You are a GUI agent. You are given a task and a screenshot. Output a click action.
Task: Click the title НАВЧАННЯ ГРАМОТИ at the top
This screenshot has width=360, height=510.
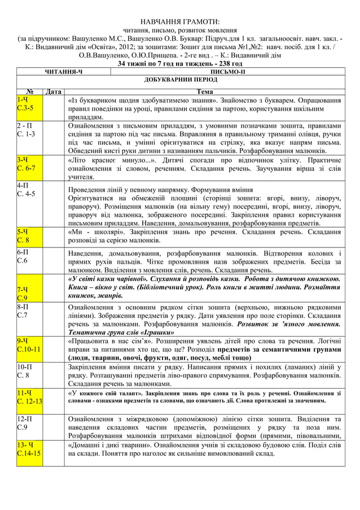pos(179,21)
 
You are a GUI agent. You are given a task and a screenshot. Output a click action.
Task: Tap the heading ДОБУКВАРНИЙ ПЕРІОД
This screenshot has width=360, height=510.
pos(179,81)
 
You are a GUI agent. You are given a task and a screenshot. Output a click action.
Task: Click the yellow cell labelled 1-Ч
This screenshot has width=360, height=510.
pos(23,99)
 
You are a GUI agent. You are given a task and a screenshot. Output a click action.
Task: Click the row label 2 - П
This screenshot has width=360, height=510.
pos(25,125)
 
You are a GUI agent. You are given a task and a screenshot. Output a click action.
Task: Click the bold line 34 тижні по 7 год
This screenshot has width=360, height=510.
pos(179,64)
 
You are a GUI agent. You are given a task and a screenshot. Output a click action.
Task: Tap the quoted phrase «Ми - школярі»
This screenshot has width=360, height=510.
pos(89,231)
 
